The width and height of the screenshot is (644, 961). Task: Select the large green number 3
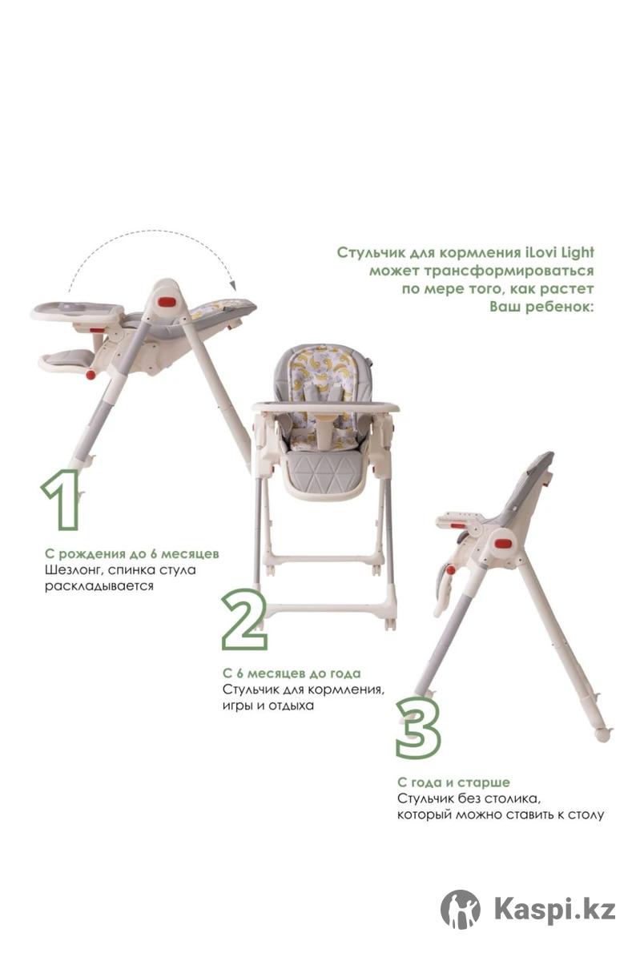(418, 728)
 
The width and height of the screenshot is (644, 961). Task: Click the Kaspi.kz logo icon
(460, 910)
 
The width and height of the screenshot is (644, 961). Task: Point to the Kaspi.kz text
(555, 909)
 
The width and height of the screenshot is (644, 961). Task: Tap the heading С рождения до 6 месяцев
(132, 554)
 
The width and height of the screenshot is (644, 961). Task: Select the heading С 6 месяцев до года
(292, 674)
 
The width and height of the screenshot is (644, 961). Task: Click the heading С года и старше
(453, 782)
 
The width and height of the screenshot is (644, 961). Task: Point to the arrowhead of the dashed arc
(233, 285)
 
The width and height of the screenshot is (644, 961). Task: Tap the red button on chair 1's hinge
(167, 301)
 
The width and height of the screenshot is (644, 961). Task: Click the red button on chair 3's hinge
(504, 544)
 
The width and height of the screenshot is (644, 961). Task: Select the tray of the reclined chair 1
(77, 311)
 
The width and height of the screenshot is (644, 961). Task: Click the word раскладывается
(99, 586)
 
